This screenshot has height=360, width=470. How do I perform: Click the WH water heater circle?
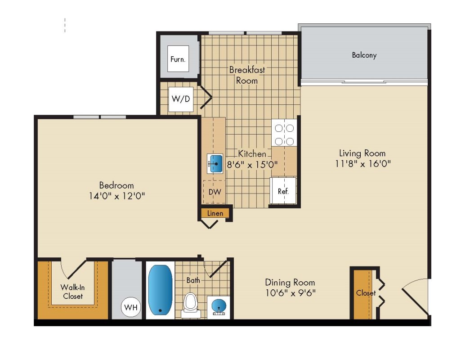click(131, 307)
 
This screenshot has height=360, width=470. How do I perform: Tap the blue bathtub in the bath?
click(161, 290)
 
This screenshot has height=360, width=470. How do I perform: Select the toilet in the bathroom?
click(191, 305)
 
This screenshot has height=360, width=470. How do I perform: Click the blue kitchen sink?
click(215, 164)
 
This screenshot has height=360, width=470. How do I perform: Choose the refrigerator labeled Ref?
click(283, 191)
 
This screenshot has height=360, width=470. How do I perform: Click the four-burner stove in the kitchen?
click(284, 133)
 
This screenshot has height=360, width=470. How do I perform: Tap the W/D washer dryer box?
click(181, 99)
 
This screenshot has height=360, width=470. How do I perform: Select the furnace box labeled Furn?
click(178, 59)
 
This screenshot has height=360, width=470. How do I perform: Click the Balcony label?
click(364, 55)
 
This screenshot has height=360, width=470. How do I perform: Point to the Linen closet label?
click(215, 213)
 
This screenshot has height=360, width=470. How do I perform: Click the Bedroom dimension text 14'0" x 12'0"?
click(117, 196)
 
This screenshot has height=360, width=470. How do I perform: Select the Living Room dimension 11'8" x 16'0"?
click(363, 164)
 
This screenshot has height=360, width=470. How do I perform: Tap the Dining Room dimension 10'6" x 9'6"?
click(291, 292)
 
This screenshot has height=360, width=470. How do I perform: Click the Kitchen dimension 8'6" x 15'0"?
click(252, 164)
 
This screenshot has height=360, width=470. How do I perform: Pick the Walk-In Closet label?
click(73, 292)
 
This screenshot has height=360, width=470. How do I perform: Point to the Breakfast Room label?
click(247, 75)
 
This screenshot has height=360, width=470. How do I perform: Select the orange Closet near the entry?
click(363, 294)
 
